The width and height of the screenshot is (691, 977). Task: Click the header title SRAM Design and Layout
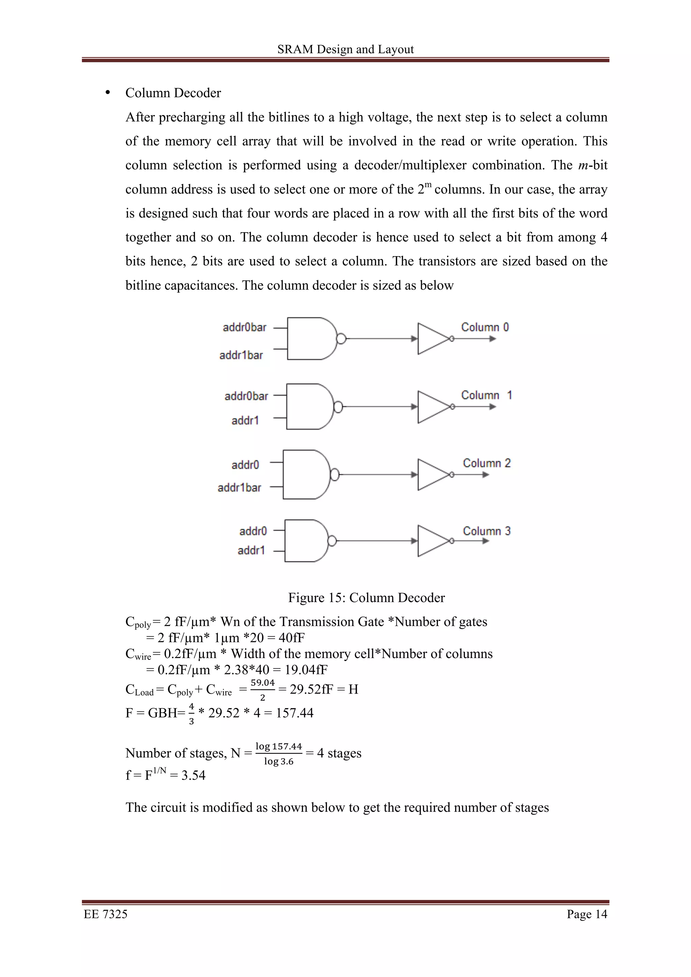click(x=345, y=49)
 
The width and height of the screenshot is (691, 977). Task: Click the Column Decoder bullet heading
click(x=173, y=93)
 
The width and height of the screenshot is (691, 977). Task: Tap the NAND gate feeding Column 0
click(x=311, y=338)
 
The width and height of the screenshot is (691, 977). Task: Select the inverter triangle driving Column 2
click(x=432, y=474)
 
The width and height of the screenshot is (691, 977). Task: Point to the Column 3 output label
click(x=486, y=531)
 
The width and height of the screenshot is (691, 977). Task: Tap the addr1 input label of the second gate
click(x=245, y=420)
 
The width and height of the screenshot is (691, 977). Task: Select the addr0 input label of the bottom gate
click(x=253, y=531)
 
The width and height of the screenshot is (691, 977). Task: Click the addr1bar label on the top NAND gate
click(x=241, y=355)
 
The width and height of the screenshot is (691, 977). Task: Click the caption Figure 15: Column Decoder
click(x=366, y=597)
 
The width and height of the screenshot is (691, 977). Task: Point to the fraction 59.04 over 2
click(x=262, y=690)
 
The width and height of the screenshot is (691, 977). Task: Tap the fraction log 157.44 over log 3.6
click(x=278, y=753)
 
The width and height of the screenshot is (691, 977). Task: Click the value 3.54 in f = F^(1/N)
click(x=193, y=775)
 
